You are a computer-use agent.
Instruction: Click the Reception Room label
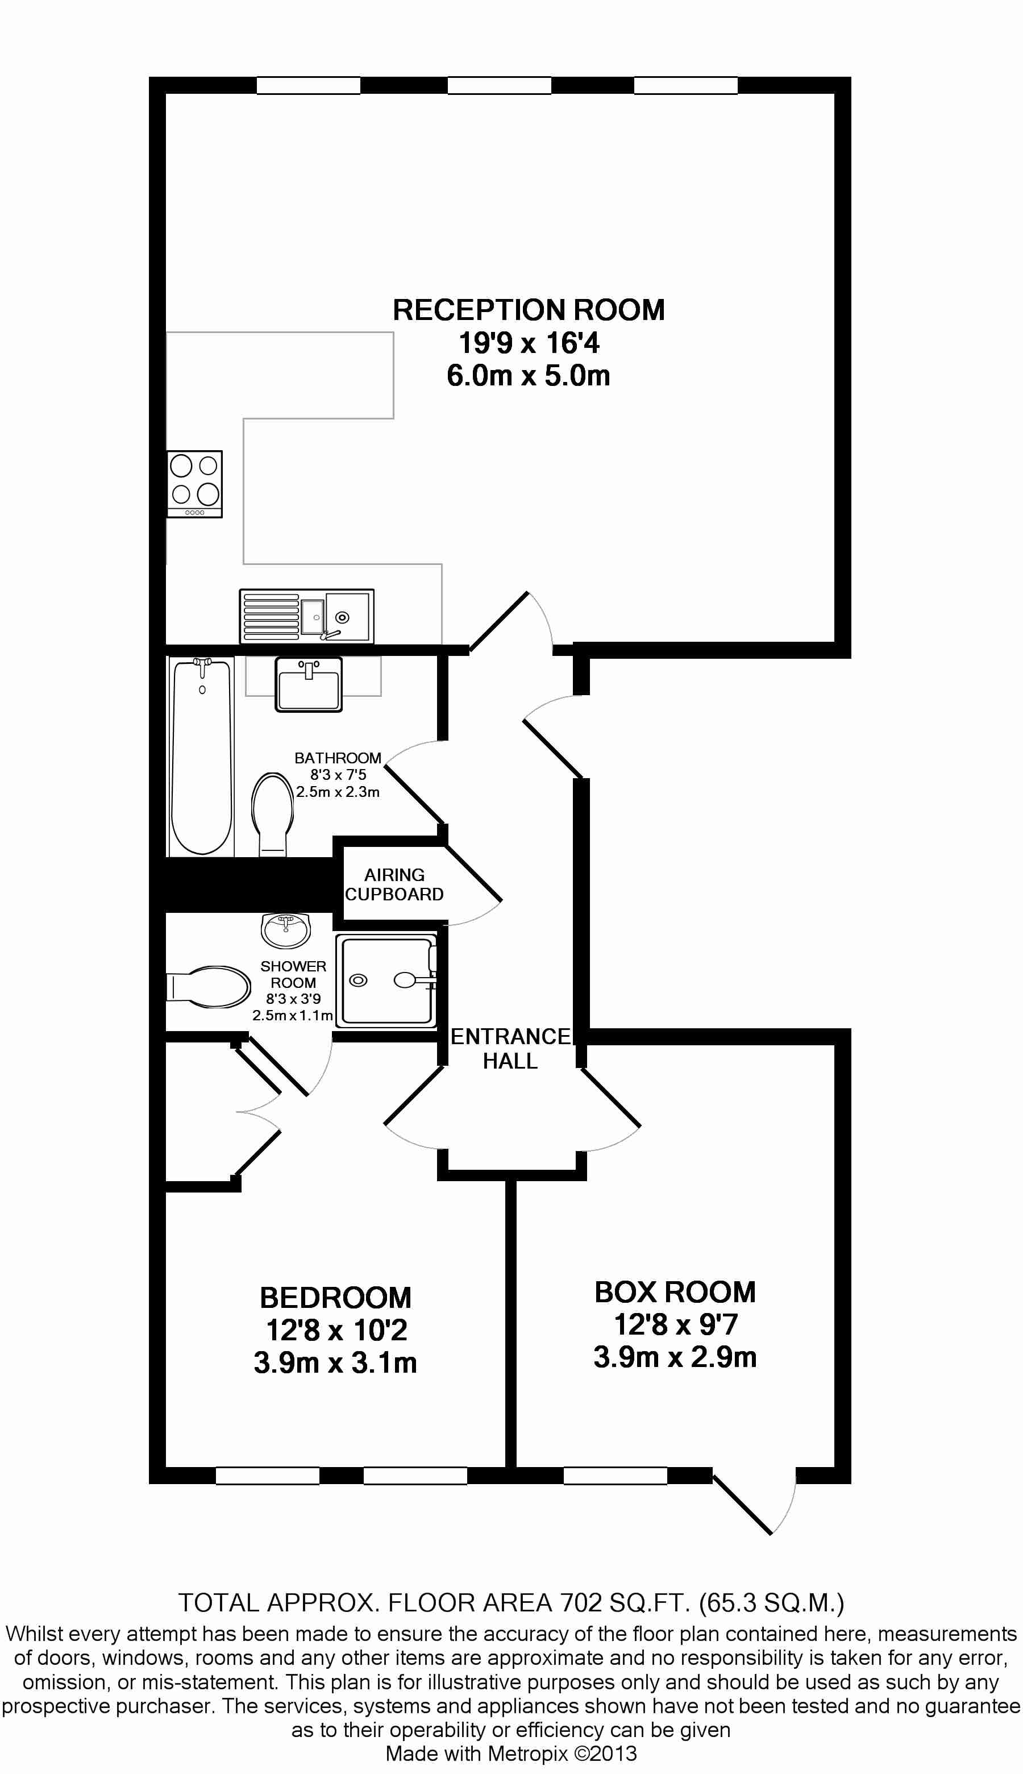pos(529,310)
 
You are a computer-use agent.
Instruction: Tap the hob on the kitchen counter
pos(194,484)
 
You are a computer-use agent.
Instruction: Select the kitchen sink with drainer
pos(306,616)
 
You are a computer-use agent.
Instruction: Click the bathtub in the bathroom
pos(202,757)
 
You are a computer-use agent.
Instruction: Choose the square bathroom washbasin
pos(309,684)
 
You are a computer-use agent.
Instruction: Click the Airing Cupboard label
pos(394,884)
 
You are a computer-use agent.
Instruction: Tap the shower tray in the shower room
pos(386,981)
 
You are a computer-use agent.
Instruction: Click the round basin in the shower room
pos(285,930)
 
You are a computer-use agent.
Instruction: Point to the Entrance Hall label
pos(511,1048)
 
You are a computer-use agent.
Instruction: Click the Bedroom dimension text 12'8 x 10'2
pos(336,1330)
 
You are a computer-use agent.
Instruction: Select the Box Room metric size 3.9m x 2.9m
pos(675,1357)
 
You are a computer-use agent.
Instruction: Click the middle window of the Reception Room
pos(500,86)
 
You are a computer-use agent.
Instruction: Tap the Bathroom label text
pos(338,758)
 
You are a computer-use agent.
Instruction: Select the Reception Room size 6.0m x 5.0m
pos(529,376)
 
